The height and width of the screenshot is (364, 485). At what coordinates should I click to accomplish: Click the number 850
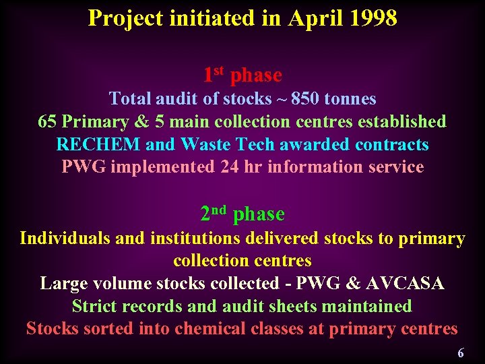pyautogui.click(x=306, y=99)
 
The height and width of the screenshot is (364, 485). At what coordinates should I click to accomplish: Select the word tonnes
pyautogui.click(x=350, y=99)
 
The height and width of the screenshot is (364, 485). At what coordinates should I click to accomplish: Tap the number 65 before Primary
pyautogui.click(x=47, y=122)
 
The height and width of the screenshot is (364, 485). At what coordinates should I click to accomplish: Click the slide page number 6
pyautogui.click(x=461, y=353)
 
